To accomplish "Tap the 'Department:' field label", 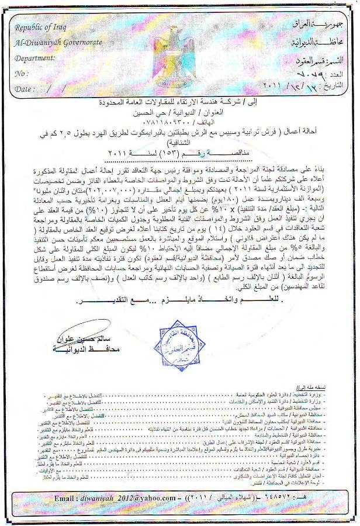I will pos(35,59).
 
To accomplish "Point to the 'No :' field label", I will pos(22,74).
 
